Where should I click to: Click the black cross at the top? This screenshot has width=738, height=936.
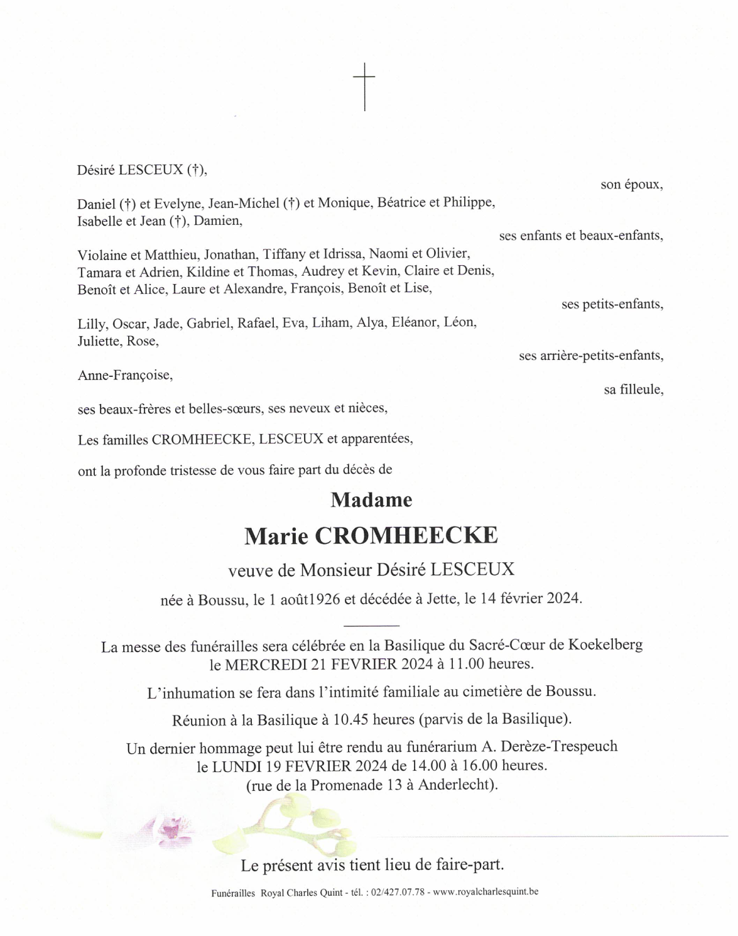(364, 86)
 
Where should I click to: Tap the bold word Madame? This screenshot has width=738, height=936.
(371, 500)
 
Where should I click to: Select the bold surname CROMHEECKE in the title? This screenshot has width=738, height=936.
(406, 536)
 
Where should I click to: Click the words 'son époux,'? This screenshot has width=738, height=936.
(631, 185)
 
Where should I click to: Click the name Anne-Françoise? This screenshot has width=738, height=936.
(124, 376)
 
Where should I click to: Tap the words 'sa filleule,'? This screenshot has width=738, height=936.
(633, 389)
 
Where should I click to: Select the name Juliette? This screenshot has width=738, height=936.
(99, 342)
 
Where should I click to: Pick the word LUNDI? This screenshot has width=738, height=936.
(234, 766)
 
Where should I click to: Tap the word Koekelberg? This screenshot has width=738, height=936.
(605, 645)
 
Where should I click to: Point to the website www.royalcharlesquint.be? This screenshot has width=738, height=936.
(486, 892)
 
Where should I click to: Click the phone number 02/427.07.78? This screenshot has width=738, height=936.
(398, 893)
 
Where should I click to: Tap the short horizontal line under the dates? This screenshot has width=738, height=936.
(371, 626)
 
